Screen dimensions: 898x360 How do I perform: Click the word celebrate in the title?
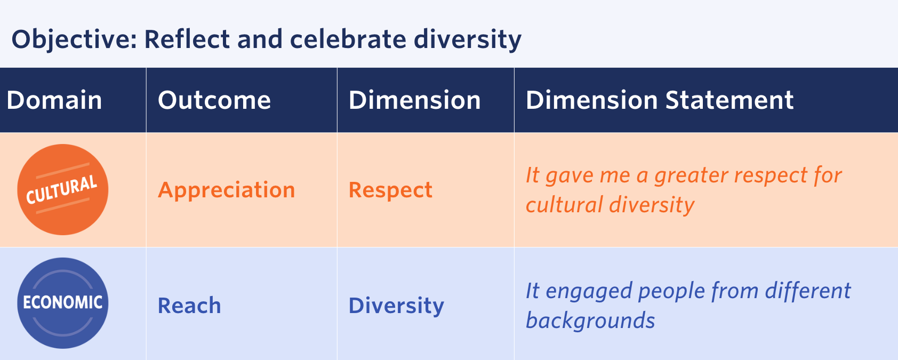coord(348,39)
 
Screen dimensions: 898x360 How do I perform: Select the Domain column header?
coord(54,100)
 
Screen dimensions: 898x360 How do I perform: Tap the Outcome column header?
coord(214,100)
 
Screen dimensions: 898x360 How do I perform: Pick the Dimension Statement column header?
coord(660,100)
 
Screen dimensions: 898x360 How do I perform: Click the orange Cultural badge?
coord(62,189)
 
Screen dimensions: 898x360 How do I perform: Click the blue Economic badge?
coord(62,303)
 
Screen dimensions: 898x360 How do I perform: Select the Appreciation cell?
coord(227,190)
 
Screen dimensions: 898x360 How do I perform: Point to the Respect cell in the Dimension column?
coord(390,190)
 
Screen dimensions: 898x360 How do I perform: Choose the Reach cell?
coord(189,306)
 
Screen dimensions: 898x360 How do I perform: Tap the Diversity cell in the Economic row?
coord(396,306)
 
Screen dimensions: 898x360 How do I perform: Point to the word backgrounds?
coord(590,321)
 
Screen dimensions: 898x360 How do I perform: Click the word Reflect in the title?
coord(187,39)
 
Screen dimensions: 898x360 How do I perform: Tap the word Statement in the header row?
coord(729,100)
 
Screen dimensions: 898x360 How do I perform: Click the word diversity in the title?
coord(468,40)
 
